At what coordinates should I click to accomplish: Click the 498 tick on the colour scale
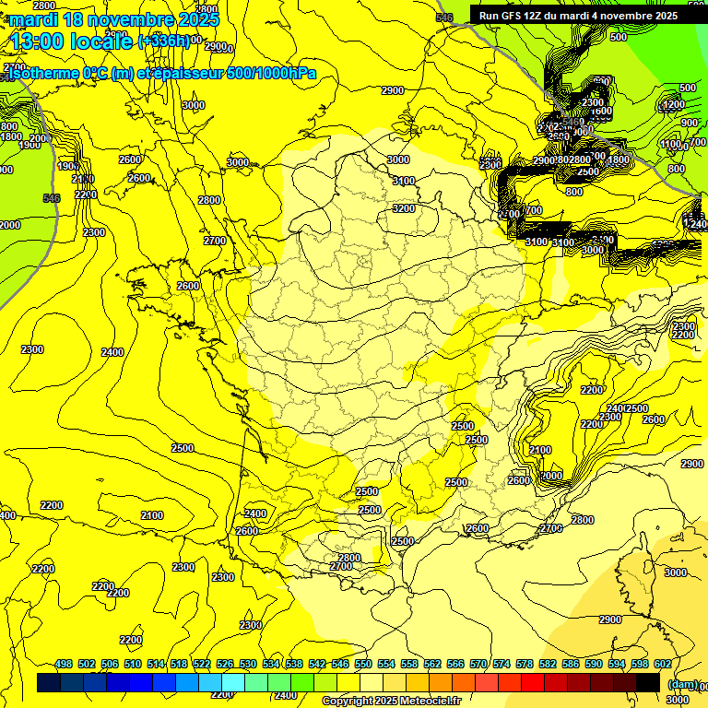coord(64,664)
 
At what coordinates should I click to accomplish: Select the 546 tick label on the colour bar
coord(340,664)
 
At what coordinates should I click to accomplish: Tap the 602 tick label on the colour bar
coord(662,664)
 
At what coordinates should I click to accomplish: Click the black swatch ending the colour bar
coord(648,682)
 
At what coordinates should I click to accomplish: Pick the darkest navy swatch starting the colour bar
coord(49,682)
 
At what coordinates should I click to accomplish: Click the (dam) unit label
coord(683,683)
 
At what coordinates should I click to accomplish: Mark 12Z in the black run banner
coord(542,16)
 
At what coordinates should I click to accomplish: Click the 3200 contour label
coord(404,208)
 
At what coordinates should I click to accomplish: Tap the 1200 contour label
coord(674,105)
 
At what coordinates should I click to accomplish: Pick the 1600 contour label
coord(601,112)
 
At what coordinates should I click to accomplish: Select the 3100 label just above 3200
coord(404,182)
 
